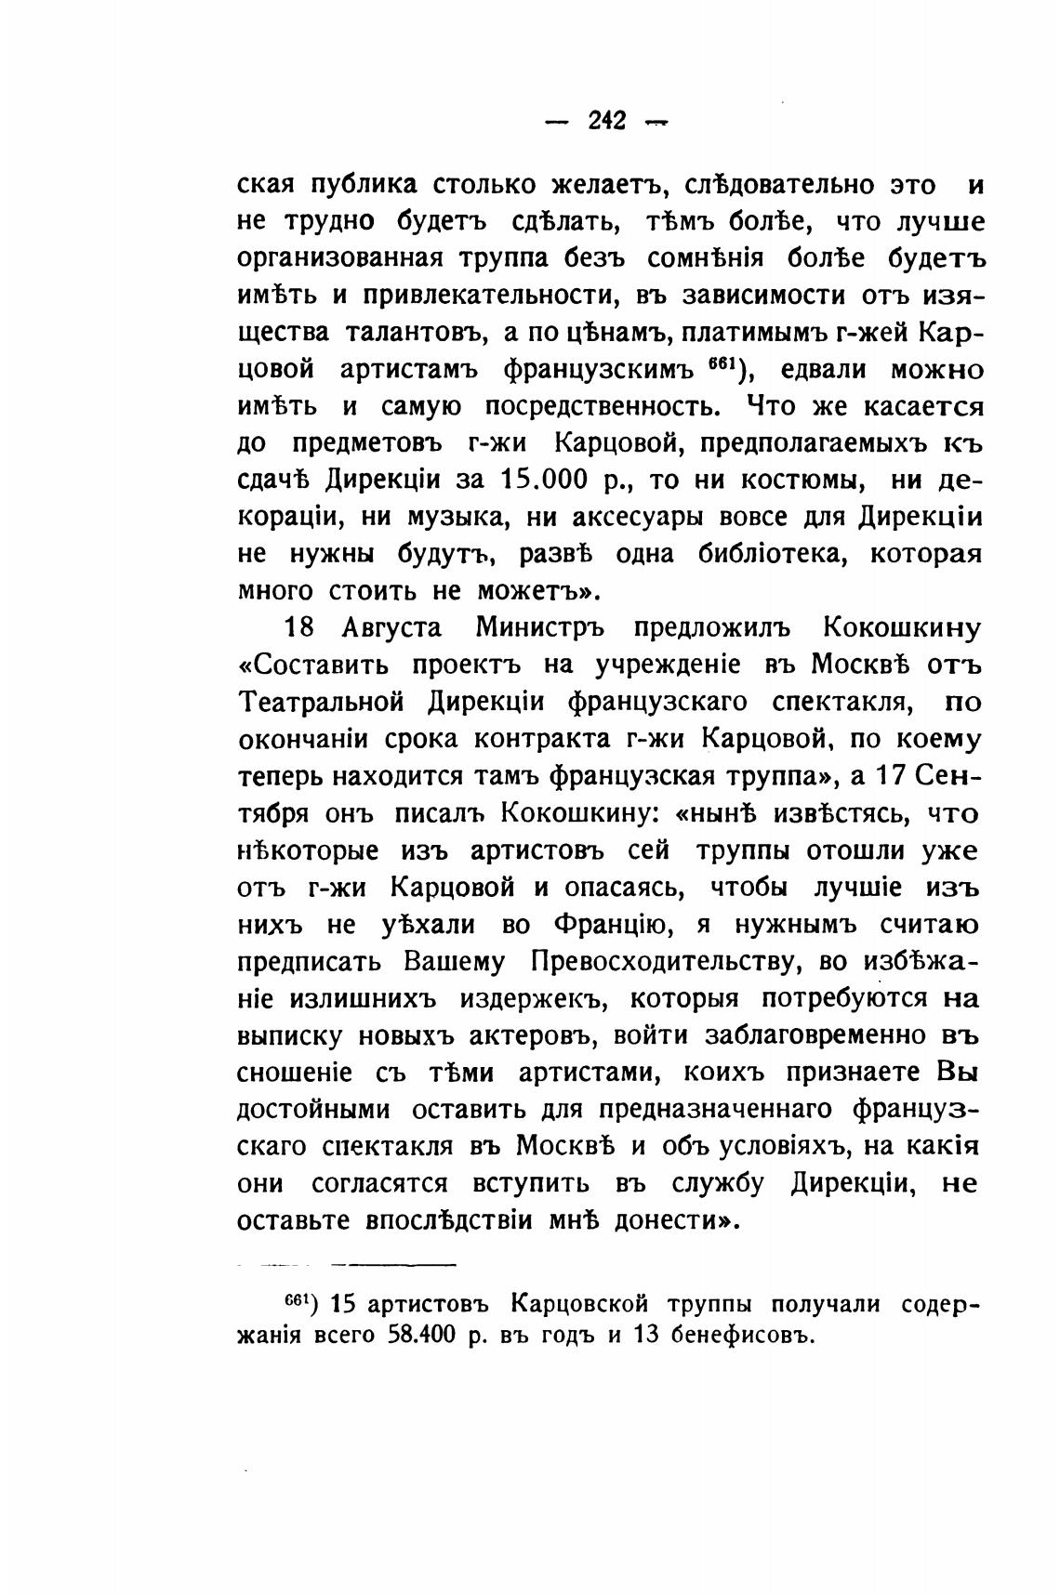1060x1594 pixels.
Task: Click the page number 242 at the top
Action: tap(608, 121)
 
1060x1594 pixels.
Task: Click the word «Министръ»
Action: tap(540, 628)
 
